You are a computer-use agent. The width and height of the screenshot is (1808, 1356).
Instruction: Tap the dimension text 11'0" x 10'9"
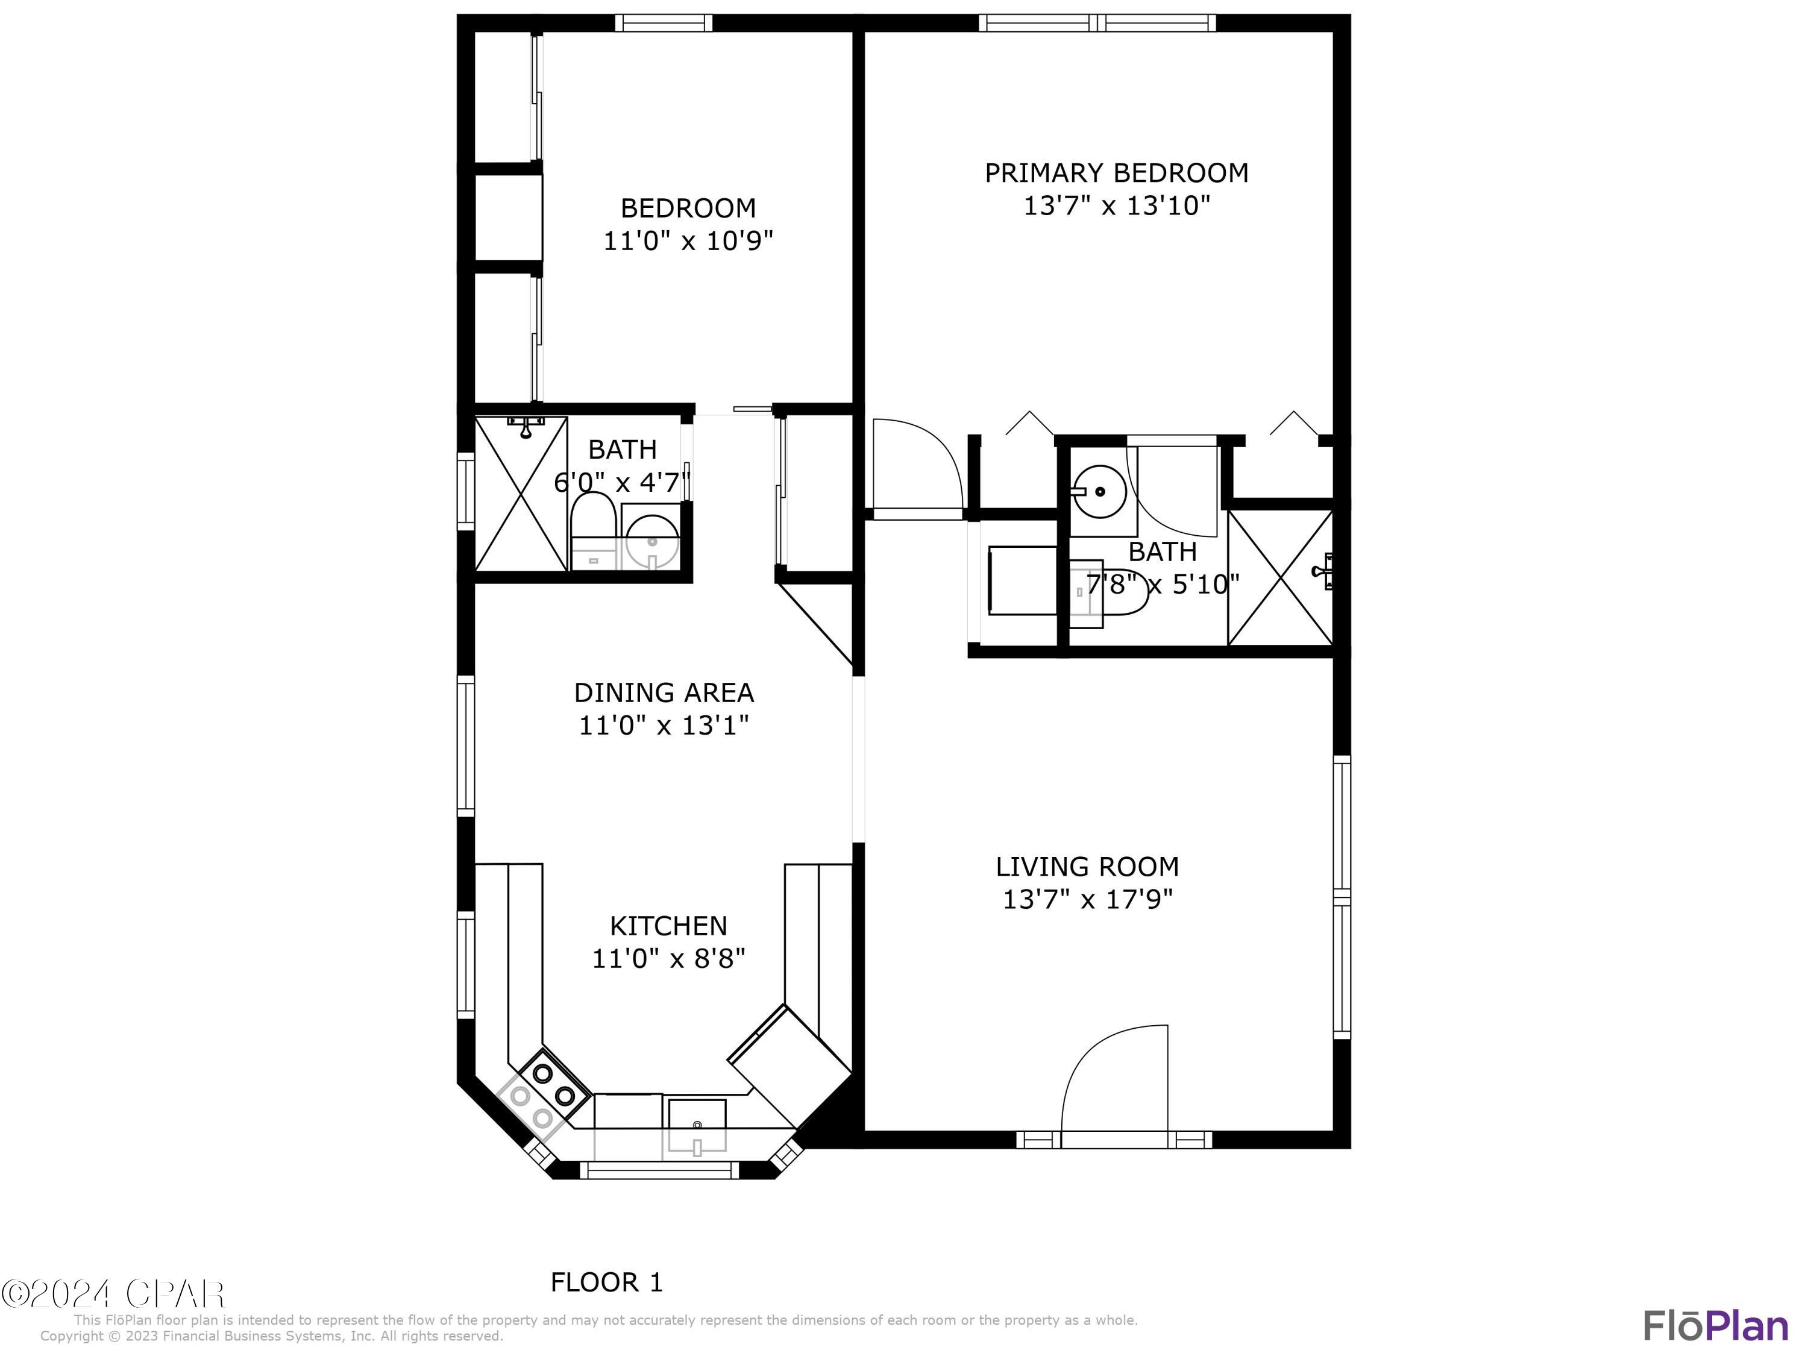click(x=688, y=241)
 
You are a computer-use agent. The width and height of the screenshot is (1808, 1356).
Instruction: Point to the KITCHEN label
click(x=668, y=926)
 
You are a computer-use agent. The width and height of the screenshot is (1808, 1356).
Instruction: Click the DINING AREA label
click(x=663, y=693)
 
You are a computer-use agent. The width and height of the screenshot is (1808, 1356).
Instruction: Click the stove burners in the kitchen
click(x=553, y=1082)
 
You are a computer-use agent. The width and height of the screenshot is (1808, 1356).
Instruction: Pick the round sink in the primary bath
click(x=1099, y=492)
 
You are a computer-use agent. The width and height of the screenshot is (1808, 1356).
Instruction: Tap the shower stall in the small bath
click(x=521, y=494)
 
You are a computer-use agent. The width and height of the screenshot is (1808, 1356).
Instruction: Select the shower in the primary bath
click(x=1280, y=577)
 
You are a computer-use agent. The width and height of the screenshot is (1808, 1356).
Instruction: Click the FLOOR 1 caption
click(x=606, y=1282)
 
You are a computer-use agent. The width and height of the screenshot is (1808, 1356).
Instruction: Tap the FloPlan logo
click(x=1715, y=1326)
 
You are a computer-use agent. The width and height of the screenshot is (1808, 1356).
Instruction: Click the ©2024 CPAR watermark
click(x=113, y=1294)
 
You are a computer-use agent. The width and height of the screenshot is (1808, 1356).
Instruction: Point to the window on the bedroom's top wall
click(x=663, y=23)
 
